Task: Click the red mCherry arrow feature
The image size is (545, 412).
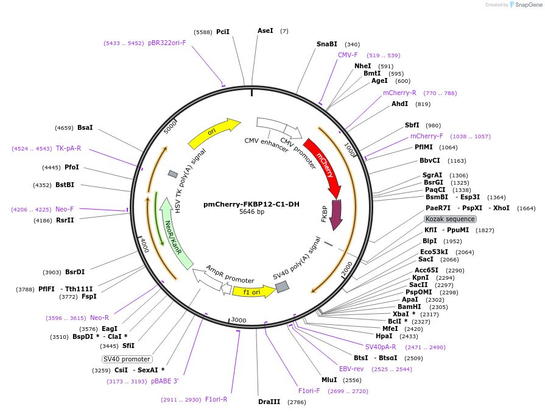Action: click(322, 162)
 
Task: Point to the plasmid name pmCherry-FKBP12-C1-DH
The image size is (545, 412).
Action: click(251, 204)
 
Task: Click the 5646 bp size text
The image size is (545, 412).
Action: click(251, 212)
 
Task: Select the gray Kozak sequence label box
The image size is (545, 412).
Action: click(450, 219)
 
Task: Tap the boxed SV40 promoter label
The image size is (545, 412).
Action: click(127, 359)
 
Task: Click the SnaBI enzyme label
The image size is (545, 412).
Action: click(327, 44)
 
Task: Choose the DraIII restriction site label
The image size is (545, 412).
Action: click(269, 402)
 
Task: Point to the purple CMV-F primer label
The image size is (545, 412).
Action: click(348, 55)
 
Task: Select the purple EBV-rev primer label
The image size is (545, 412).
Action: click(351, 369)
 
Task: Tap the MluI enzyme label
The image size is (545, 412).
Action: click(329, 380)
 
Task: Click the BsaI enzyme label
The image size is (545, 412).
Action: click(85, 127)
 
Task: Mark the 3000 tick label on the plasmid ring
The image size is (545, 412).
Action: click(239, 320)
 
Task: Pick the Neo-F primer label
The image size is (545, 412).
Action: click(65, 209)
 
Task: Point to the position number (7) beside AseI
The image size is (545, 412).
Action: click(284, 30)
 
